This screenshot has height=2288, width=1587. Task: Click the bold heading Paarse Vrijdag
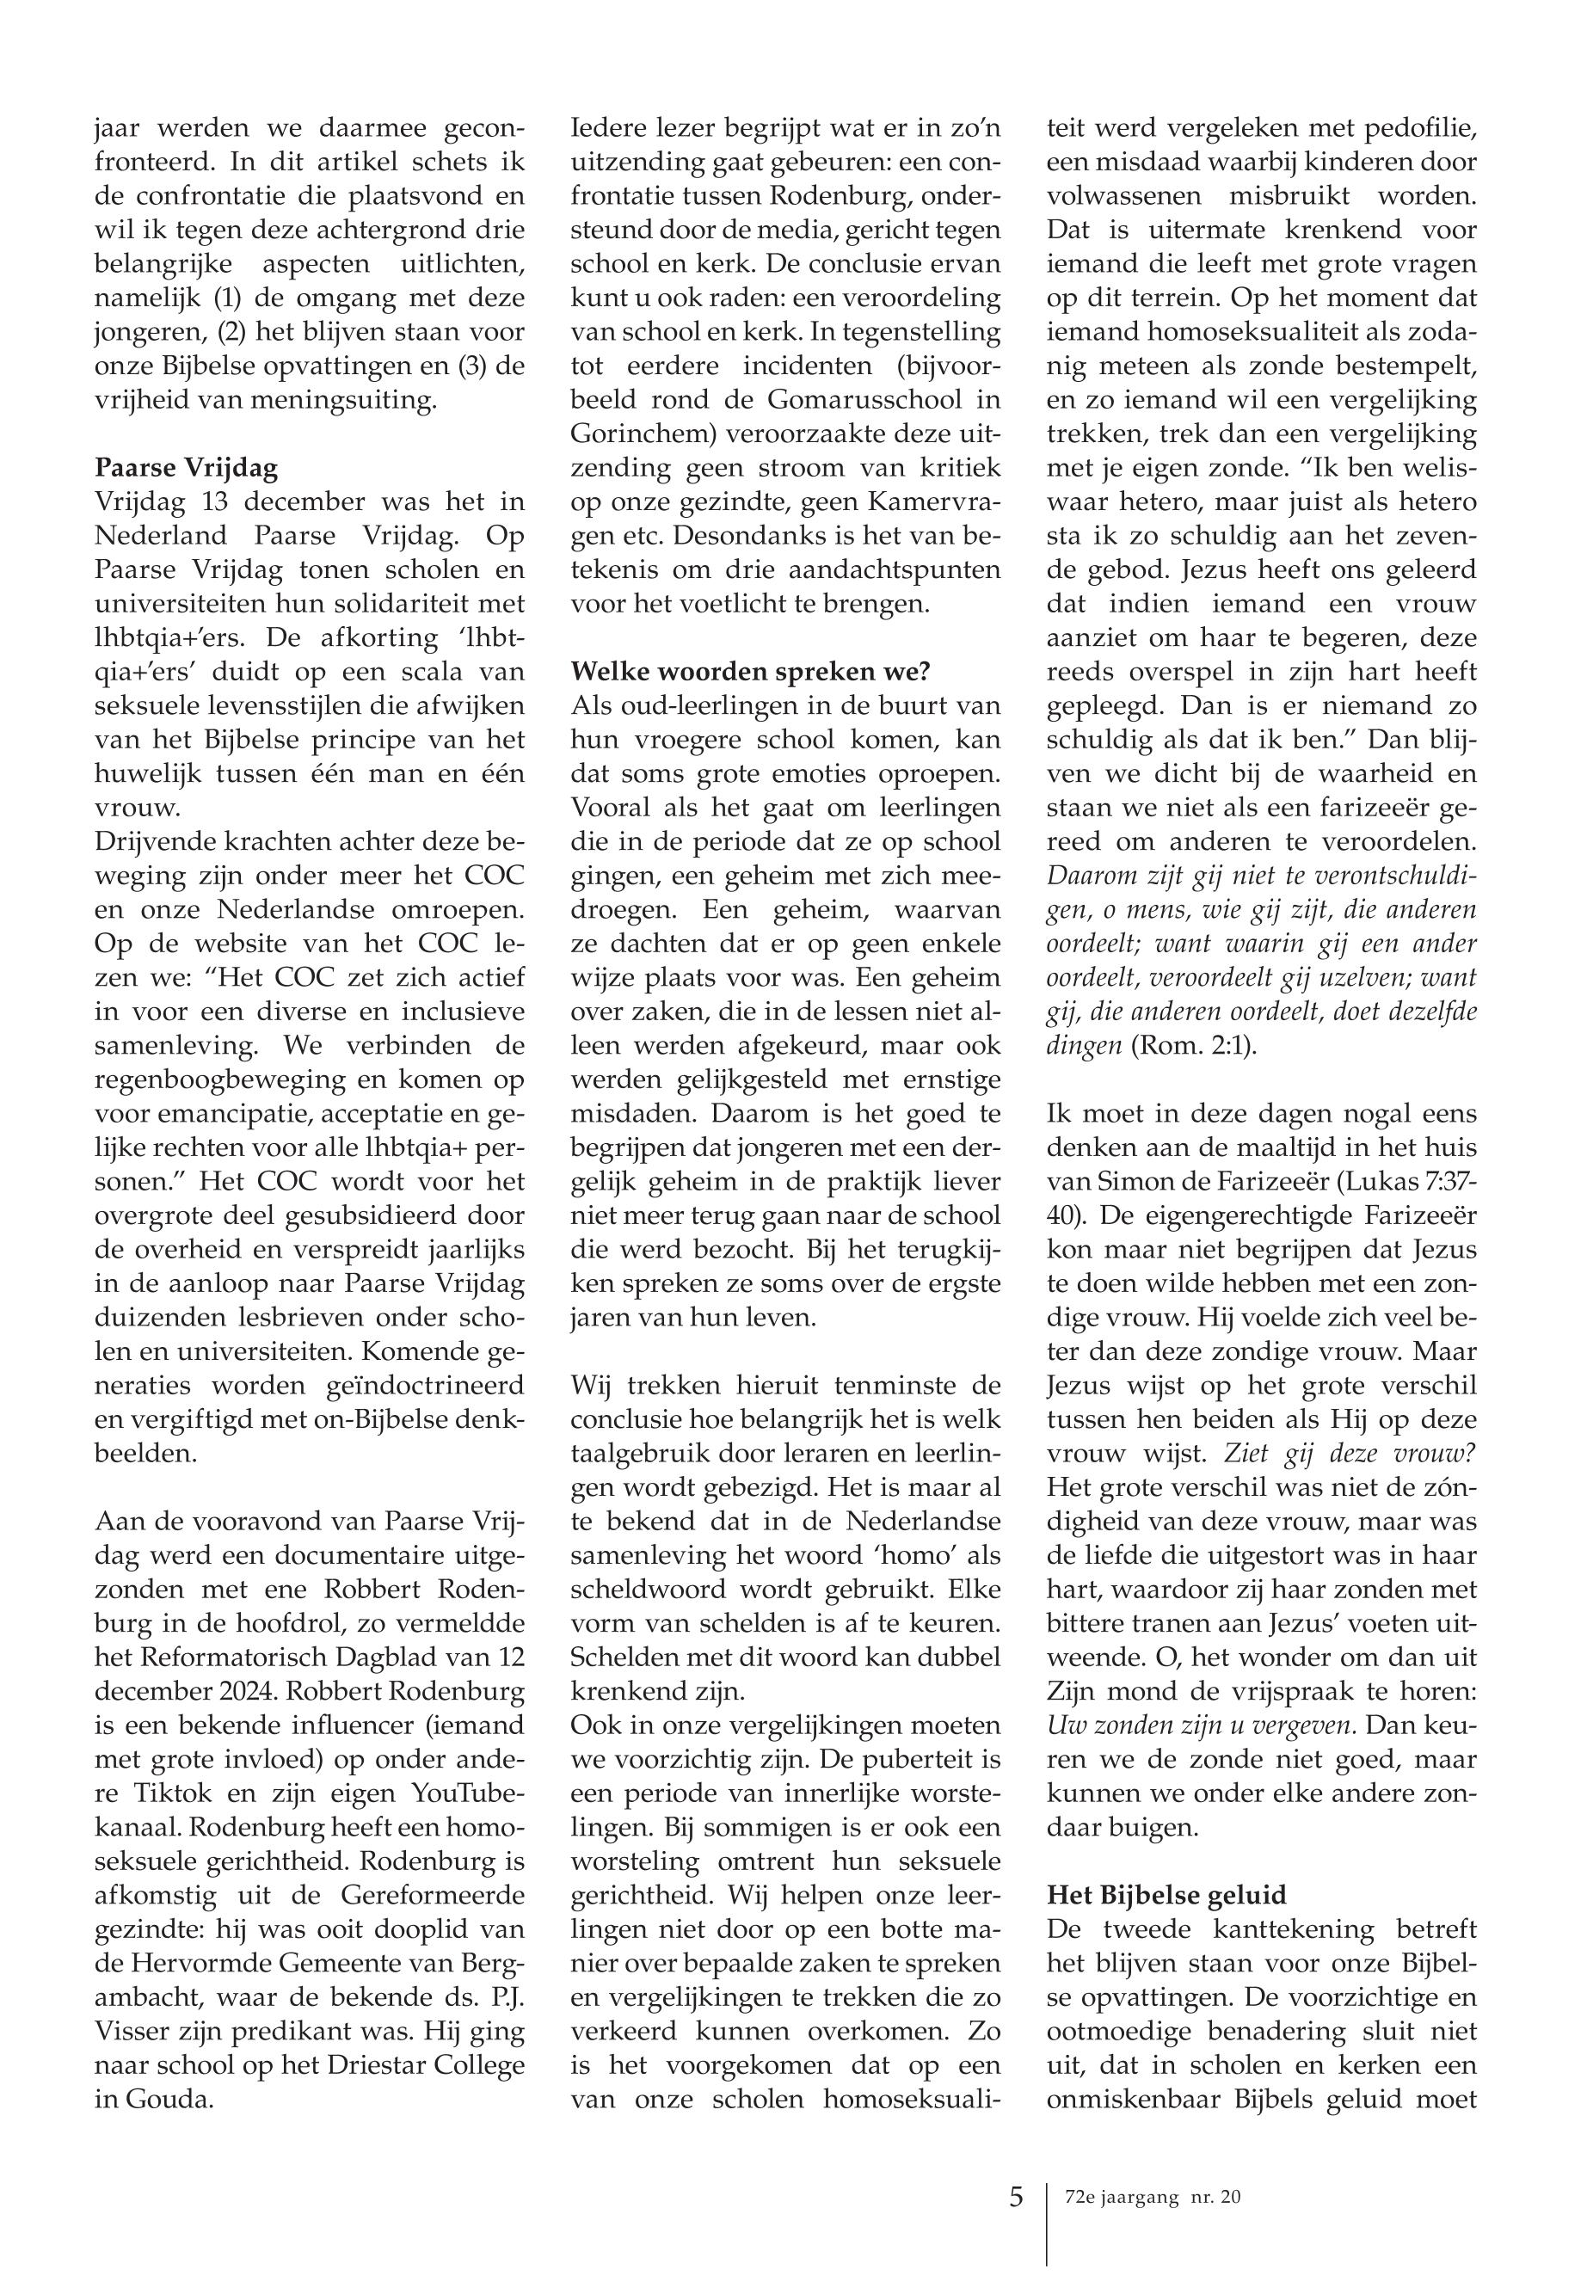click(x=186, y=468)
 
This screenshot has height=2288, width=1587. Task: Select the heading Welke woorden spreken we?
click(x=751, y=671)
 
